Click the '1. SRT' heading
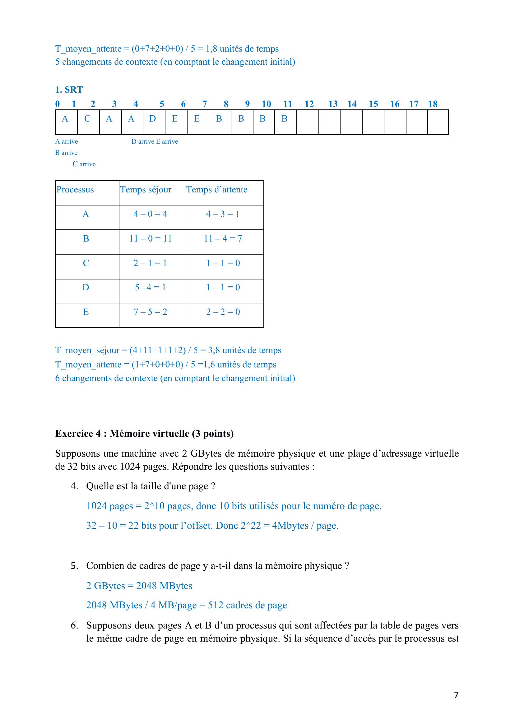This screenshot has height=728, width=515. [69, 90]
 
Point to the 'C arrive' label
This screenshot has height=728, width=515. [84, 164]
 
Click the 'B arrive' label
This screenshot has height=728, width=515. [66, 153]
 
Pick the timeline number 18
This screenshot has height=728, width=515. [433, 104]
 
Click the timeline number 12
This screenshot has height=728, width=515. [309, 104]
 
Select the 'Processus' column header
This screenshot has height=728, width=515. [75, 190]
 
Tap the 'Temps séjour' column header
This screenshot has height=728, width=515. [146, 190]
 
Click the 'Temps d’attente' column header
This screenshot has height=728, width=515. [217, 190]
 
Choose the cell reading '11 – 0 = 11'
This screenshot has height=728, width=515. [151, 238]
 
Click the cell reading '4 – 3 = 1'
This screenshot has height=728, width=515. [223, 214]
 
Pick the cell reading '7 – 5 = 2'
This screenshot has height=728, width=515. [151, 312]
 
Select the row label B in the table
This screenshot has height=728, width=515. [86, 238]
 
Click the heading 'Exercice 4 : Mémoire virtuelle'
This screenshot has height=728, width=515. [144, 433]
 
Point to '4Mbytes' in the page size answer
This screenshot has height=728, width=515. [290, 526]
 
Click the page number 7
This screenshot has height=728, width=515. [456, 695]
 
